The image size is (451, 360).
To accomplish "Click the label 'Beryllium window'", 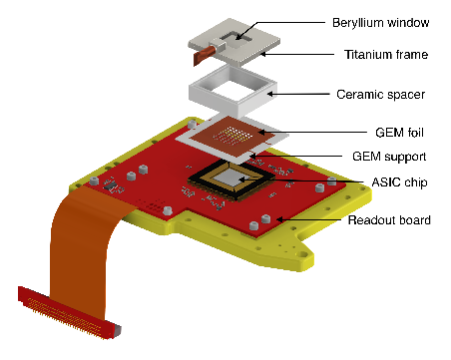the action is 380,23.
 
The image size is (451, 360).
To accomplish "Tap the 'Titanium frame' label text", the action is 386,55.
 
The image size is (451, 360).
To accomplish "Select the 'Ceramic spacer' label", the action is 380,95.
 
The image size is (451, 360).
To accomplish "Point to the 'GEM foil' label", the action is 399,133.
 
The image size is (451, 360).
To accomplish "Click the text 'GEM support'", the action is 389,157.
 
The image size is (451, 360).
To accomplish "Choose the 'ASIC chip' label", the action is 399,182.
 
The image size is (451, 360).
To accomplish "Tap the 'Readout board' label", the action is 389,220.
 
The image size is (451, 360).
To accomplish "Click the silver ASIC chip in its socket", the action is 230,178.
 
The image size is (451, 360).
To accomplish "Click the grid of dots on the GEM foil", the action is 231,136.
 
